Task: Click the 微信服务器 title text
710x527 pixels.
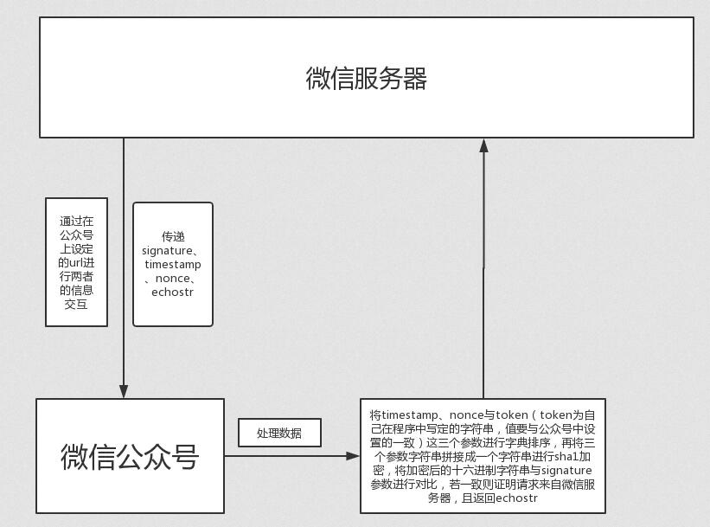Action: [366, 79]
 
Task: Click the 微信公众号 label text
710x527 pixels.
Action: [130, 457]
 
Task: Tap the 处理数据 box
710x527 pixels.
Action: [279, 433]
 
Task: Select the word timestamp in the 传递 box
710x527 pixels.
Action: [173, 264]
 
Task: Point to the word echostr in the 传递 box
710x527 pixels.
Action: [172, 292]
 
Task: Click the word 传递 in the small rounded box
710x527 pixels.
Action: [173, 236]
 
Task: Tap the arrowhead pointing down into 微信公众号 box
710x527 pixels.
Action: [124, 390]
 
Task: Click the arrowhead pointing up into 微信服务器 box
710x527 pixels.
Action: [483, 145]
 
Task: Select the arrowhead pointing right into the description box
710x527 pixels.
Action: [353, 455]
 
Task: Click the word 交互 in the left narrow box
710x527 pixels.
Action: [76, 304]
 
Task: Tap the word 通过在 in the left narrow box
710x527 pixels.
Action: [76, 221]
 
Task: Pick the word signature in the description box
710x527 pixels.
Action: [567, 470]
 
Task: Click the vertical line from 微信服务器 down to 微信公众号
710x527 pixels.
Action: [124, 260]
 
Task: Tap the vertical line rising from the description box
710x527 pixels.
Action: [483, 277]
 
